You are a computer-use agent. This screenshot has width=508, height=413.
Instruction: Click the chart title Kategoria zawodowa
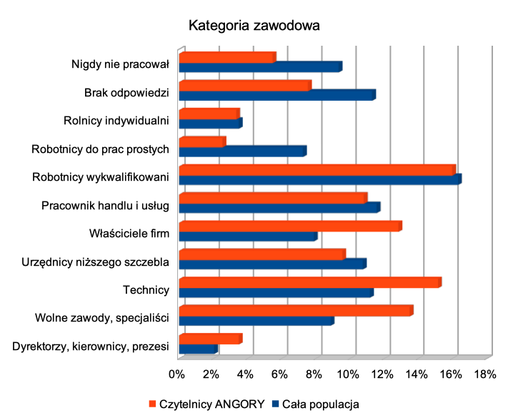coord(254,26)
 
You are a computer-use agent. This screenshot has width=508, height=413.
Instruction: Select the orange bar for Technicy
coord(309,282)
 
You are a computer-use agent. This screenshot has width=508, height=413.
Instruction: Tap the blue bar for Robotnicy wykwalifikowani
coord(319,179)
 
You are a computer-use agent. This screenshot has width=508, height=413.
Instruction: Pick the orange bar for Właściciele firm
coord(289,226)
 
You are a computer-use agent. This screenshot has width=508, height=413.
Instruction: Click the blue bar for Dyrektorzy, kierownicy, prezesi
coord(197,349)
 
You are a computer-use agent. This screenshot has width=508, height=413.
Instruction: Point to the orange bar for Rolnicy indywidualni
coord(208,114)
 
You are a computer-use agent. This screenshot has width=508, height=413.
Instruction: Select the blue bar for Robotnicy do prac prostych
coord(242,151)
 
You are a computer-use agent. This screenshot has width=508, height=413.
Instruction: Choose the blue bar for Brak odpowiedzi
coord(277,95)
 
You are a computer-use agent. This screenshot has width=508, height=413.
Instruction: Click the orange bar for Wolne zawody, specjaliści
coord(295,310)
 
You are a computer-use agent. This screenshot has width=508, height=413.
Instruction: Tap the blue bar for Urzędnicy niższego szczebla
coord(272,264)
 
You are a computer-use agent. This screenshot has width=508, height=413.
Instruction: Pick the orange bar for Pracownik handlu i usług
coord(272,198)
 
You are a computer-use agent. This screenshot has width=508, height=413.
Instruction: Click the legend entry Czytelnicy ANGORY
coord(207,403)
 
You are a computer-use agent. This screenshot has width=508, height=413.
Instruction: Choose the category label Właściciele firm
coord(129,234)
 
